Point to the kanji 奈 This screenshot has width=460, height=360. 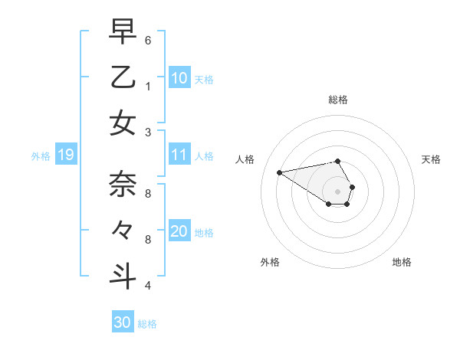pyautogui.click(x=123, y=185)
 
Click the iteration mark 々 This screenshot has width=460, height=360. pyautogui.click(x=123, y=230)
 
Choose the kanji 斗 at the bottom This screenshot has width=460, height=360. pyautogui.click(x=123, y=276)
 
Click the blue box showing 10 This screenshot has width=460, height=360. pyautogui.click(x=179, y=77)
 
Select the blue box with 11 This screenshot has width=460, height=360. pyautogui.click(x=179, y=155)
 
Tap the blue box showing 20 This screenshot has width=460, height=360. pyautogui.click(x=179, y=231)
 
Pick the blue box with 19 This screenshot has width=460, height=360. pyautogui.click(x=66, y=155)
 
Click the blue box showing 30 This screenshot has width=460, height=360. pyautogui.click(x=123, y=322)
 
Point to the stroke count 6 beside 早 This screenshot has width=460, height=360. pyautogui.click(x=147, y=40)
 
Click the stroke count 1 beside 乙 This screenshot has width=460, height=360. pyautogui.click(x=147, y=86)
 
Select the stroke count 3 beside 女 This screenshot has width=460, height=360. pyautogui.click(x=147, y=132)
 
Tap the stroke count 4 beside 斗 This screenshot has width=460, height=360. pyautogui.click(x=147, y=286)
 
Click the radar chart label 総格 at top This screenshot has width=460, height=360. pyautogui.click(x=338, y=100)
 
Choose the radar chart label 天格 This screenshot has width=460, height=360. pyautogui.click(x=432, y=159)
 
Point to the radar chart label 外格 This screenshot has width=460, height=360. pyautogui.click(x=270, y=262)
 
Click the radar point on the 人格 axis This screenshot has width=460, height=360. pyautogui.click(x=279, y=172)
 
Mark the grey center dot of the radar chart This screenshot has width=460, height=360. pyautogui.click(x=338, y=191)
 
